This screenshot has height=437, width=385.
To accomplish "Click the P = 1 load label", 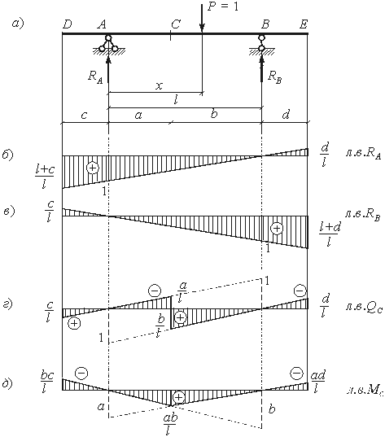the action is pos(223,7).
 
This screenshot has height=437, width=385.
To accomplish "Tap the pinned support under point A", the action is pos(108,45).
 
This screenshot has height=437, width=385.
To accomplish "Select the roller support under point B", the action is pos(261,45).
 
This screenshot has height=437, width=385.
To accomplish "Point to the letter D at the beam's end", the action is pos(68,24).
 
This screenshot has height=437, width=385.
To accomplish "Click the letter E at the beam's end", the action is pos(304,24).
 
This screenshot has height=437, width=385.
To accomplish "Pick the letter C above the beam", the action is pos(176,24).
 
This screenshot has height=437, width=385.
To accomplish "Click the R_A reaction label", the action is pos(95,76).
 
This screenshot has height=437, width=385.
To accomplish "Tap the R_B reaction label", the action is pos(274,77).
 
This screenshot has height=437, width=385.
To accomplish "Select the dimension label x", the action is pos(159,85).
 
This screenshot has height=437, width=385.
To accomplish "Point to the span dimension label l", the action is pos(176,100).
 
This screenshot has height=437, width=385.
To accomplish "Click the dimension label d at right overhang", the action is pos(286,114).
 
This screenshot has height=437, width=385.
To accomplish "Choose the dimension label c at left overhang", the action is pos(84,115).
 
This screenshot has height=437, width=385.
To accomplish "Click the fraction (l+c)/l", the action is pos(45,177).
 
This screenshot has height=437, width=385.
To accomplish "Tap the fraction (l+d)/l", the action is pos(330,234).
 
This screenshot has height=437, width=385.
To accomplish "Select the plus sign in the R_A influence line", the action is pos(93,168).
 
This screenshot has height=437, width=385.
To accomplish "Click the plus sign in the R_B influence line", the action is pos(277,228).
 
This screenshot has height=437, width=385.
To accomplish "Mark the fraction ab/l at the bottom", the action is pos(170,424).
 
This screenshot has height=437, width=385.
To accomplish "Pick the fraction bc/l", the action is pos(46,382).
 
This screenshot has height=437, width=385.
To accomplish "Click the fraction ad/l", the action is pos(317,382).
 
